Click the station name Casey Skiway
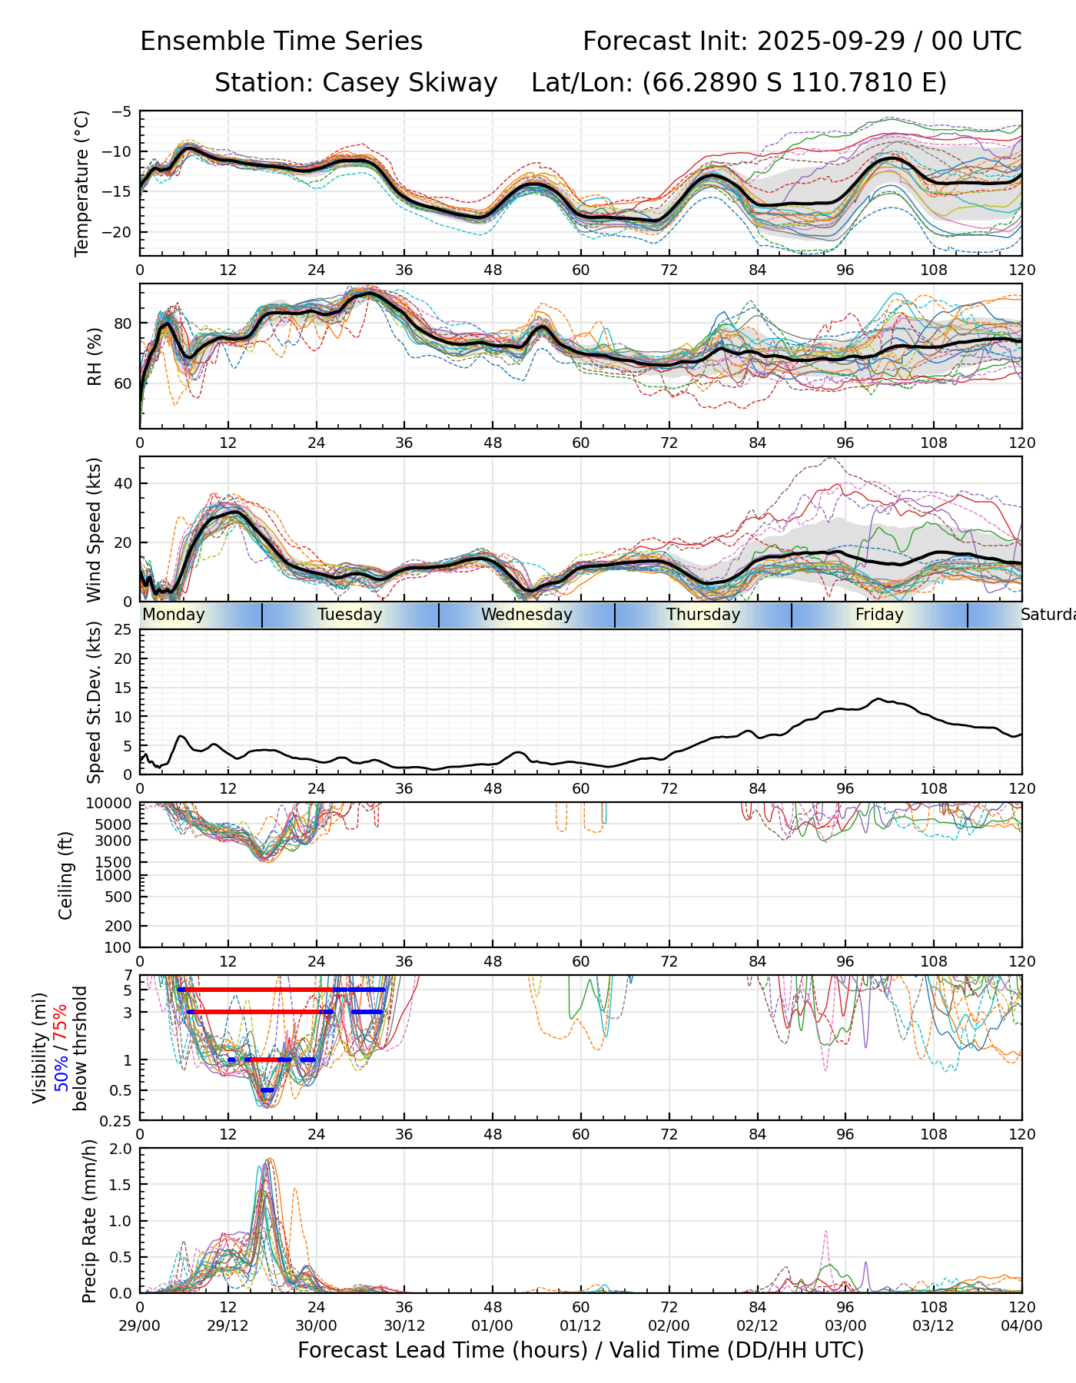409,83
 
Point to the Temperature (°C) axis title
82,183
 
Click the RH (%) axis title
95,357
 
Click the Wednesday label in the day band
526,615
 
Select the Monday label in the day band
174,615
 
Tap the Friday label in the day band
879,615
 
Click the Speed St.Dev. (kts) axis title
95,701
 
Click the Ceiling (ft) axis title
66,875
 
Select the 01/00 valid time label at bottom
493,1325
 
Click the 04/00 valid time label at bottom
1021,1325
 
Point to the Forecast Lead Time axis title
580,1351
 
